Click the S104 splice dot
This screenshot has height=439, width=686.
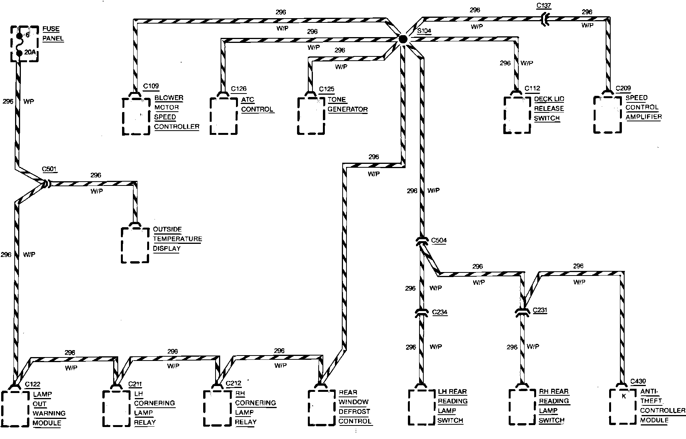click(402, 39)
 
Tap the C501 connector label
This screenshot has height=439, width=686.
click(49, 169)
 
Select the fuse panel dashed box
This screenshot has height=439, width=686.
click(24, 44)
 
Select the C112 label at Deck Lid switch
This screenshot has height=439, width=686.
click(532, 88)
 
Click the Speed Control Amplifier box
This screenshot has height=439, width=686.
click(608, 114)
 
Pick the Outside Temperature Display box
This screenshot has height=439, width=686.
click(135, 245)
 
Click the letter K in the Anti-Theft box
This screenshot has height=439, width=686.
click(623, 396)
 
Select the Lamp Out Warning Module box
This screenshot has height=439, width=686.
click(15, 408)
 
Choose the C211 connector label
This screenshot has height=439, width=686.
click(135, 384)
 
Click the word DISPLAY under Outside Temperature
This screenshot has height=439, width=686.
click(166, 248)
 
